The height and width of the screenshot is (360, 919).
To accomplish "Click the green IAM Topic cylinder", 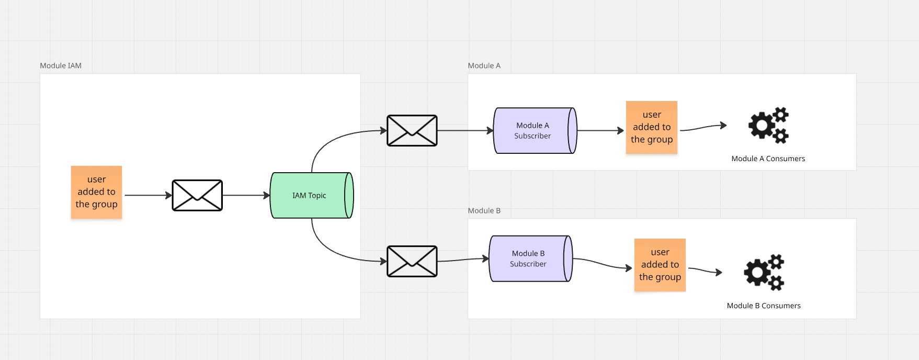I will [x=309, y=195].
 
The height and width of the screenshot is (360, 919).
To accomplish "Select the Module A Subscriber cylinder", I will [x=532, y=130].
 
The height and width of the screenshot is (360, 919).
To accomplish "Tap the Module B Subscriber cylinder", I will [x=528, y=258].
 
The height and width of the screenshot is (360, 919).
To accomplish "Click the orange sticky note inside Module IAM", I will [x=96, y=192].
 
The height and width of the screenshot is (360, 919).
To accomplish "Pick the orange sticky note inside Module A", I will [x=652, y=127].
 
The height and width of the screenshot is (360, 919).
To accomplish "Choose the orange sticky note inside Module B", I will [x=660, y=265].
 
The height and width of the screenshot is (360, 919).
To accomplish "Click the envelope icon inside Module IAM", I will [x=197, y=195].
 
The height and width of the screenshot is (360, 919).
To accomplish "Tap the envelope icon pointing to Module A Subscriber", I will [x=412, y=130].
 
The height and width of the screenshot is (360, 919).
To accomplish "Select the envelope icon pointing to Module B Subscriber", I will [x=412, y=261].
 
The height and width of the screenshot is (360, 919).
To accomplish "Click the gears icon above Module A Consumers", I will [x=768, y=126].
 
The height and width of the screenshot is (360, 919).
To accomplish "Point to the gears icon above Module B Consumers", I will [x=764, y=272].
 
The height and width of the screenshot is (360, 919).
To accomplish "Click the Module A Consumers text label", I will [x=768, y=159].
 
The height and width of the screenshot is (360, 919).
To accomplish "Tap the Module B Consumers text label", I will [x=764, y=306].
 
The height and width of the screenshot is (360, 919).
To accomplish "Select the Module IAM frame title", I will [x=61, y=65].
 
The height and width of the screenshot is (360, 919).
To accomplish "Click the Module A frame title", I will [x=484, y=65].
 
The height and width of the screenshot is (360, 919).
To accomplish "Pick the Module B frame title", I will [x=484, y=210].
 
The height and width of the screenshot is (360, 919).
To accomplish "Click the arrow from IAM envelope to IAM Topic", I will [x=246, y=195].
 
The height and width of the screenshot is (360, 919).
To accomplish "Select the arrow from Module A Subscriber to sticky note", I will [x=600, y=130].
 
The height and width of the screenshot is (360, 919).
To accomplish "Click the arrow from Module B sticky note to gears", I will [x=705, y=271].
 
